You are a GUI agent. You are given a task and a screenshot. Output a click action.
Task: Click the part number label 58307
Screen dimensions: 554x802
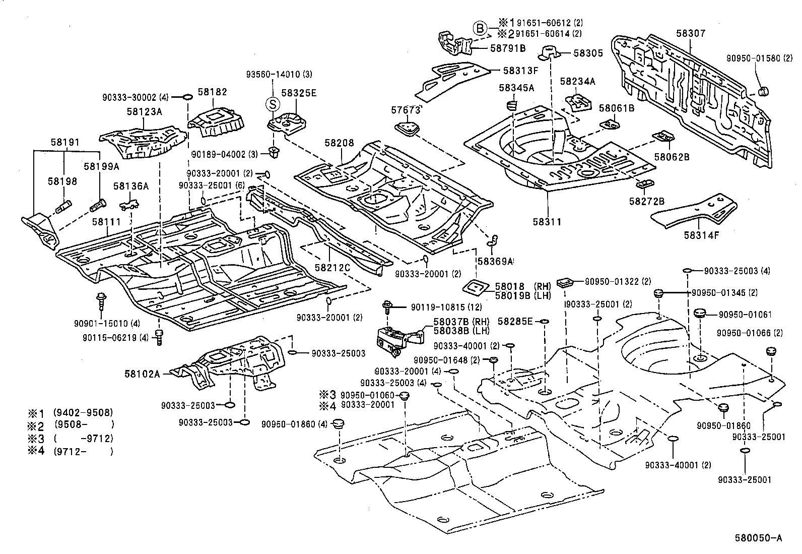tap(691, 33)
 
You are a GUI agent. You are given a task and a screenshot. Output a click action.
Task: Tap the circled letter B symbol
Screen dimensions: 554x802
tap(480, 28)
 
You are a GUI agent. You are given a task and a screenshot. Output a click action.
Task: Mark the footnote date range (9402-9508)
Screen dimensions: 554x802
tap(84, 412)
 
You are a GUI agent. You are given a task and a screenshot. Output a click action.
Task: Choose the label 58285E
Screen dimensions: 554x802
tap(515, 321)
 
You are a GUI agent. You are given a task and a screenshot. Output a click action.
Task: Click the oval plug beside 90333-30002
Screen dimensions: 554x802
tap(185, 96)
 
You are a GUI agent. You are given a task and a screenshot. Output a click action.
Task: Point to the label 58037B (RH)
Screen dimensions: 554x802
tap(461, 322)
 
